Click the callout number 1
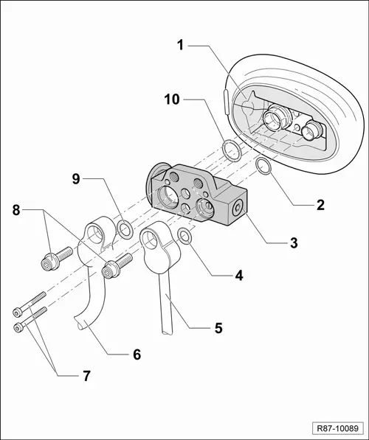tap(180, 44)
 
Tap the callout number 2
tap(320, 204)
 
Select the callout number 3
tap(294, 242)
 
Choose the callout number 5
tap(218, 326)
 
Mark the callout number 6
tap(136, 354)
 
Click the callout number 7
tap(86, 375)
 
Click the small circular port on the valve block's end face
tap(236, 209)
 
